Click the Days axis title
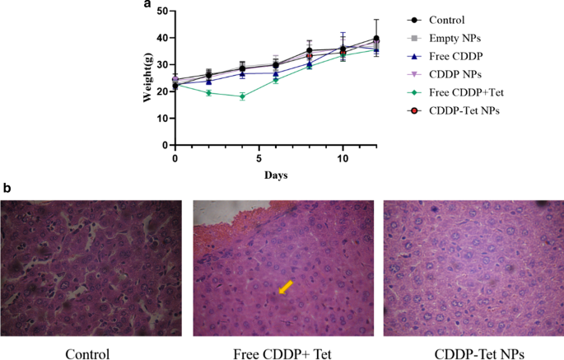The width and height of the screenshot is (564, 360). pyautogui.click(x=276, y=175)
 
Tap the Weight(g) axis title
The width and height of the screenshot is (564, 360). pyautogui.click(x=149, y=78)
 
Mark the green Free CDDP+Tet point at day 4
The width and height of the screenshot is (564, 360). pyautogui.click(x=242, y=96)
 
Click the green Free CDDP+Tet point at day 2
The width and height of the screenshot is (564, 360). pyautogui.click(x=208, y=93)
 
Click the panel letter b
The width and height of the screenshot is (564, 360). pyautogui.click(x=7, y=188)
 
